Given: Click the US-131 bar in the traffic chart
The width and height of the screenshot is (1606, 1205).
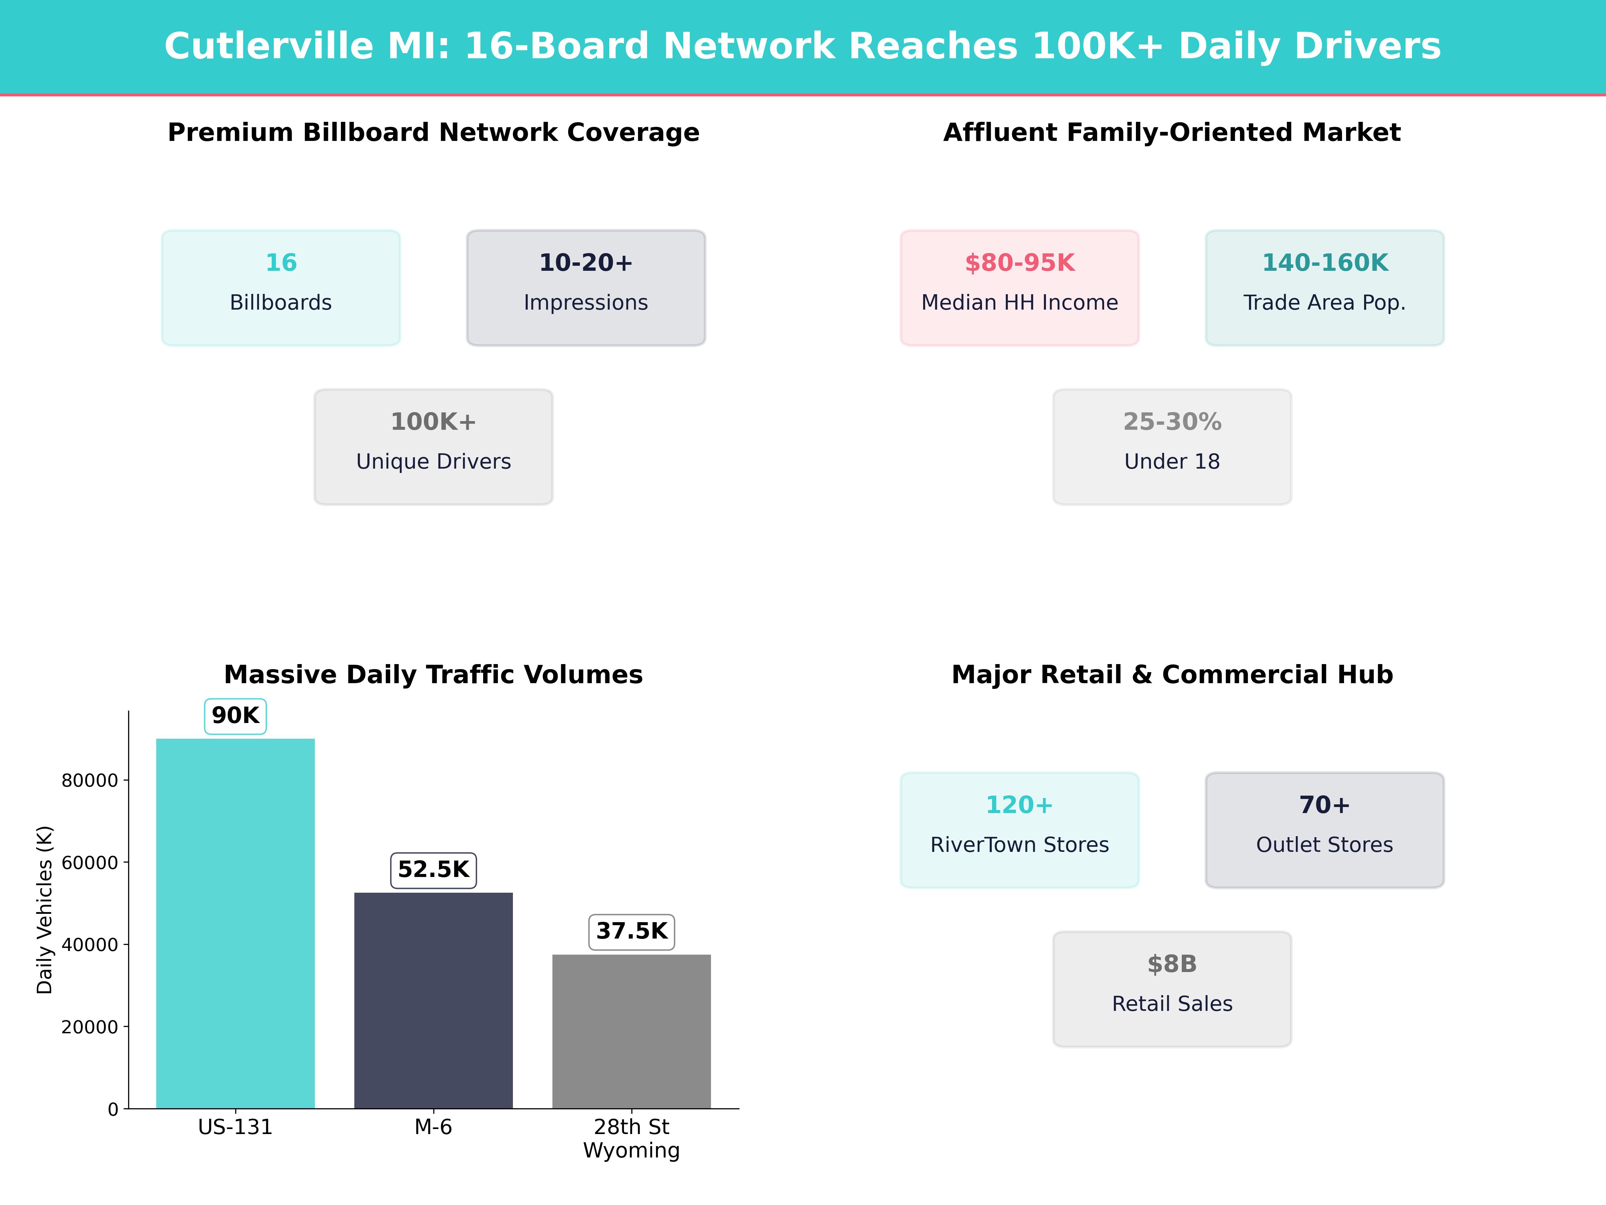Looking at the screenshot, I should pos(235,922).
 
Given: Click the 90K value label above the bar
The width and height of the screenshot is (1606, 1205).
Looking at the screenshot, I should pos(235,715).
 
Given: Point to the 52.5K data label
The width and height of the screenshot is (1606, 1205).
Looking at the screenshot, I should pos(433,869).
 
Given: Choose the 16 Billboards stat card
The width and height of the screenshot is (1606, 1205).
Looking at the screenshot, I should pos(281,288).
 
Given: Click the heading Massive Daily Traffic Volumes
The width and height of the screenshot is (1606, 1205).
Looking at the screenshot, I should pos(433,675).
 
